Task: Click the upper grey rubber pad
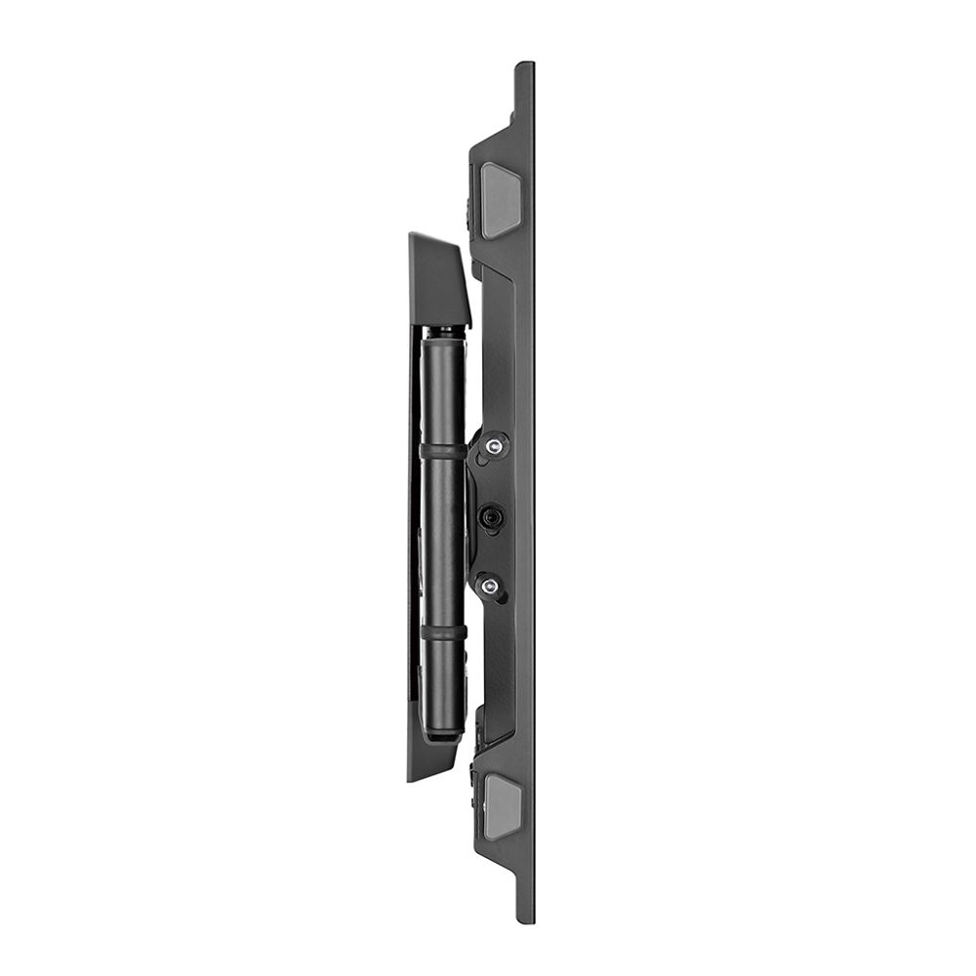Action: tap(502, 200)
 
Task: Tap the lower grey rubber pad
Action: tap(503, 807)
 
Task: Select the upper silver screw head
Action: tap(495, 447)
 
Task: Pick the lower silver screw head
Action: tap(490, 586)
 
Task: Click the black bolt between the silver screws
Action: tap(491, 516)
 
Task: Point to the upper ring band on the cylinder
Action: tap(444, 452)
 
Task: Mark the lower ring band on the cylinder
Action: tap(444, 633)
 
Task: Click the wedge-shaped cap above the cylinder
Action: tap(438, 279)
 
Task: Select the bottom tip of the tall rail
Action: tap(525, 917)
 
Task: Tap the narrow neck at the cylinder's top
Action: tap(444, 332)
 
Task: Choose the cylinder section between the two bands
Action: tap(444, 542)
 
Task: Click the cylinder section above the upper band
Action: tap(444, 390)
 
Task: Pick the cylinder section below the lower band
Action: tap(444, 683)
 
